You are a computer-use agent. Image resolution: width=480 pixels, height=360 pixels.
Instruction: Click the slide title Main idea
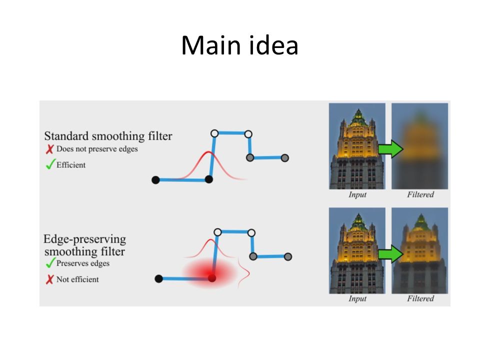pyautogui.click(x=239, y=45)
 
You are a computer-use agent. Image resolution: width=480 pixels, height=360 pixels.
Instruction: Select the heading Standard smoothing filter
pyautogui.click(x=108, y=136)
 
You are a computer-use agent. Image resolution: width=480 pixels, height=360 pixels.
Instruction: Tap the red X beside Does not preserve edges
pyautogui.click(x=50, y=149)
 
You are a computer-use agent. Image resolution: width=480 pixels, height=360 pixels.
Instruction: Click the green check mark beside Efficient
pyautogui.click(x=50, y=164)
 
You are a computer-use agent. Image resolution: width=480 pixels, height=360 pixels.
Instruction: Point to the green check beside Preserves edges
pyautogui.click(x=50, y=262)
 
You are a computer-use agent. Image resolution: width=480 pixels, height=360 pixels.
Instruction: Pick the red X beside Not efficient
pyautogui.click(x=50, y=279)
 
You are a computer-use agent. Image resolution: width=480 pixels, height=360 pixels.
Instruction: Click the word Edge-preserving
pyautogui.click(x=85, y=239)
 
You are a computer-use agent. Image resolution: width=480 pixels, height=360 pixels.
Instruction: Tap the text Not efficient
pyautogui.click(x=77, y=279)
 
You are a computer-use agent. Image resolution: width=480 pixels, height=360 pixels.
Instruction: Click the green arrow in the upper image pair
pyautogui.click(x=390, y=149)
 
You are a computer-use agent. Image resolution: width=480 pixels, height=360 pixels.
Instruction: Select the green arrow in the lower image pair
pyautogui.click(x=390, y=254)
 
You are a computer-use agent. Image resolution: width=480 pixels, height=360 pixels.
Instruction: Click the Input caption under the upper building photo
pyautogui.click(x=357, y=194)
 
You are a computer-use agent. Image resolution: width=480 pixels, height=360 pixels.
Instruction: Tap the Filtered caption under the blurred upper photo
pyautogui.click(x=420, y=194)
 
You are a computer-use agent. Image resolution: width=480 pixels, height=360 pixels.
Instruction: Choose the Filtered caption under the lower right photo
pyautogui.click(x=420, y=298)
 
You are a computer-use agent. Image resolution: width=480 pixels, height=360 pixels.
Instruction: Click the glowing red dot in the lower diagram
pyautogui.click(x=212, y=278)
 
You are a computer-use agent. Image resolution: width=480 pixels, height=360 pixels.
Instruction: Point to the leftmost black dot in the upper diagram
pyautogui.click(x=155, y=180)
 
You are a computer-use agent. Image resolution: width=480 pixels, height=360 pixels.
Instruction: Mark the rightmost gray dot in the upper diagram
pyautogui.click(x=284, y=158)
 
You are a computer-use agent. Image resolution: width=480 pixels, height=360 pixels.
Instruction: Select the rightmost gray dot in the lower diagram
pyautogui.click(x=288, y=256)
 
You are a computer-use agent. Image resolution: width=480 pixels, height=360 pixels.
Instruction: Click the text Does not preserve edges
pyautogui.click(x=97, y=149)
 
